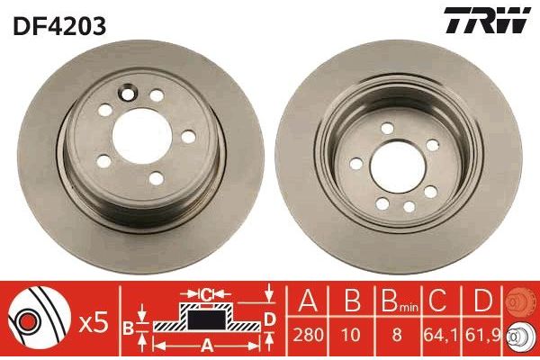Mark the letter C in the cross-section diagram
207,293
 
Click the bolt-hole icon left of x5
36,319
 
